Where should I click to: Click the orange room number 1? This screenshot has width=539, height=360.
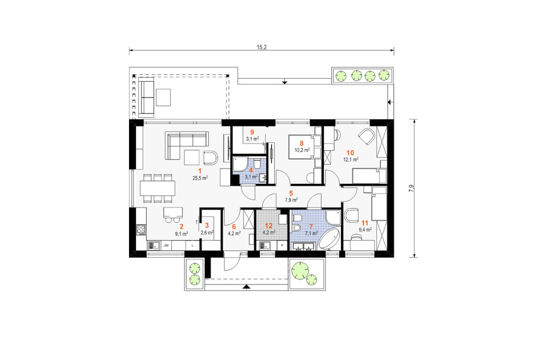pyautogui.click(x=199, y=171)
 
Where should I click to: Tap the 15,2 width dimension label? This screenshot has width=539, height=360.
pyautogui.click(x=262, y=47)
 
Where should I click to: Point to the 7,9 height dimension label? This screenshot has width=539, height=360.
pyautogui.click(x=412, y=189)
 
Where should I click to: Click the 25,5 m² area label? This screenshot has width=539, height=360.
pyautogui.click(x=200, y=178)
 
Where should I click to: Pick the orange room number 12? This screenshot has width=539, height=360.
pyautogui.click(x=268, y=226)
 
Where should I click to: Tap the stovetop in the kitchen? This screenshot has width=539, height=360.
pyautogui.click(x=141, y=229)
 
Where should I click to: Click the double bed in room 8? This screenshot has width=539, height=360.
pyautogui.click(x=301, y=147)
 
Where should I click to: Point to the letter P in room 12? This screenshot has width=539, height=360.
pyautogui.click(x=282, y=245)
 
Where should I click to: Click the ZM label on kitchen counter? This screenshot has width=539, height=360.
pyautogui.click(x=166, y=245)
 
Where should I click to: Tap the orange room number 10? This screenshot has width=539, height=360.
pyautogui.click(x=350, y=153)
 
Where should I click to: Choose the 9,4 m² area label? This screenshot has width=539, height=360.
pyautogui.click(x=365, y=230)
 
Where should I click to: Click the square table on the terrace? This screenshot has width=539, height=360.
pyautogui.click(x=163, y=97)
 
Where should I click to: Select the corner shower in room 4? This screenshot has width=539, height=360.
pyautogui.click(x=240, y=164)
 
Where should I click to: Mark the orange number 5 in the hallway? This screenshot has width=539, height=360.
pyautogui.click(x=291, y=193)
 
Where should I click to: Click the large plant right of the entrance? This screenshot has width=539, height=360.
pyautogui.click(x=300, y=269)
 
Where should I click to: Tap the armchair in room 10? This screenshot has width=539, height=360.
pyautogui.click(x=366, y=137)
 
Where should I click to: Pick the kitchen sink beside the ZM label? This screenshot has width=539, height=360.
pyautogui.click(x=154, y=245)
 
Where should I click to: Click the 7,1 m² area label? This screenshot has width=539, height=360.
pyautogui.click(x=311, y=233)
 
